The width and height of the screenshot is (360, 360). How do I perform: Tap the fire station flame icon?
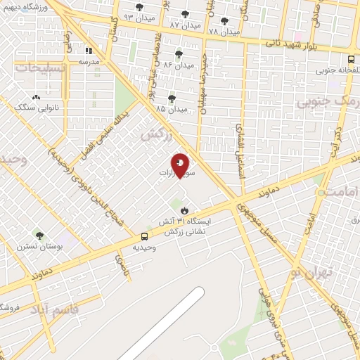[x=184, y=210]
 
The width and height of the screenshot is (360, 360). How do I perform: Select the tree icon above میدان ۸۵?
[x=172, y=98]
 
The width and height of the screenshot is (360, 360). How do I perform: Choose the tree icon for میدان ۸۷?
[x=185, y=13]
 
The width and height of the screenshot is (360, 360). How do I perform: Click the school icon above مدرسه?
[x=89, y=51]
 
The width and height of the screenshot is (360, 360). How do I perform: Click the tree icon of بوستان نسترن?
[x=39, y=236]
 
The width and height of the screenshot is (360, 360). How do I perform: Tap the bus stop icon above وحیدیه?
[x=144, y=236]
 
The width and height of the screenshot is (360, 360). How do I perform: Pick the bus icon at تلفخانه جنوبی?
[x=351, y=59]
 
